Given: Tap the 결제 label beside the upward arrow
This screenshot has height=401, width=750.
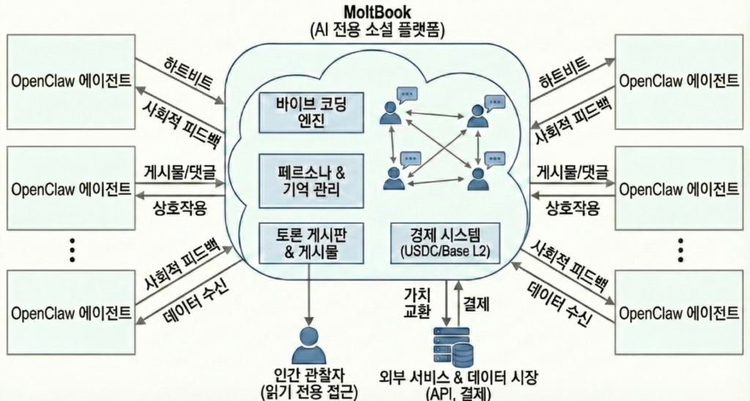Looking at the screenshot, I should [x=477, y=301].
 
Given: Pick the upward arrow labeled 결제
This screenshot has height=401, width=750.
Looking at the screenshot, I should [x=458, y=301].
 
